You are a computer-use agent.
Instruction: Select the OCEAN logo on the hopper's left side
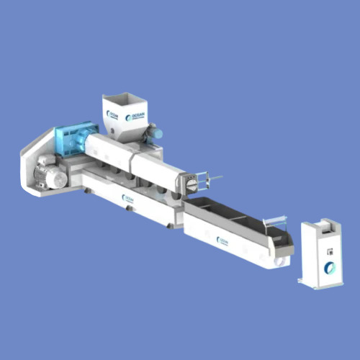coord(112,115)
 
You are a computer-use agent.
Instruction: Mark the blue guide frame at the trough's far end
coord(275,222)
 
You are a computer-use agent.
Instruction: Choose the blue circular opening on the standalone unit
coord(330,269)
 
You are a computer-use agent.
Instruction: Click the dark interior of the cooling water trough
coord(230,215)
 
